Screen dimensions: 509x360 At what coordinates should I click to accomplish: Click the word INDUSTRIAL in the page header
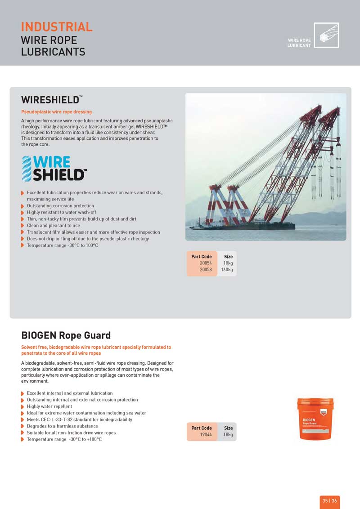[57, 27]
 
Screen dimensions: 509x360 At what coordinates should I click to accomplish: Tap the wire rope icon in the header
[326, 35]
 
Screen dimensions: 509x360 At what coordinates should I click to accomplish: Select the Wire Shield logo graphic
[54, 168]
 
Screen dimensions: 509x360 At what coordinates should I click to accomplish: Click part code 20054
[206, 263]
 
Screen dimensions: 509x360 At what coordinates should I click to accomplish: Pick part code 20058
[206, 270]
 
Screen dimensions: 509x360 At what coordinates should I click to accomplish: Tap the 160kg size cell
[227, 270]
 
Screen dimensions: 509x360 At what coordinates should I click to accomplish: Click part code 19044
[206, 435]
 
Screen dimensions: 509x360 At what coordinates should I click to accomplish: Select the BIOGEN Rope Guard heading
[66, 335]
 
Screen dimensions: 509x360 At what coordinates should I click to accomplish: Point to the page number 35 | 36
[329, 501]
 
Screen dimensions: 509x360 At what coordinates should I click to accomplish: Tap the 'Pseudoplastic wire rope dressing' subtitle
[56, 112]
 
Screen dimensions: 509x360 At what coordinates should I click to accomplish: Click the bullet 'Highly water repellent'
[49, 406]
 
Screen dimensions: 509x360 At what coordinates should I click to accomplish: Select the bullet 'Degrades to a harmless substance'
[62, 426]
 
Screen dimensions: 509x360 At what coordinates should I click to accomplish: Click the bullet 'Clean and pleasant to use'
[53, 225]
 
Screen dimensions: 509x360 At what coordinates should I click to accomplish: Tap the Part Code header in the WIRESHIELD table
[202, 257]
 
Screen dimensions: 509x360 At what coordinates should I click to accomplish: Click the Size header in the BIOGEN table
[228, 428]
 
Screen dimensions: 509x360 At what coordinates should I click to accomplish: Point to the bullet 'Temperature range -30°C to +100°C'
[64, 439]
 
